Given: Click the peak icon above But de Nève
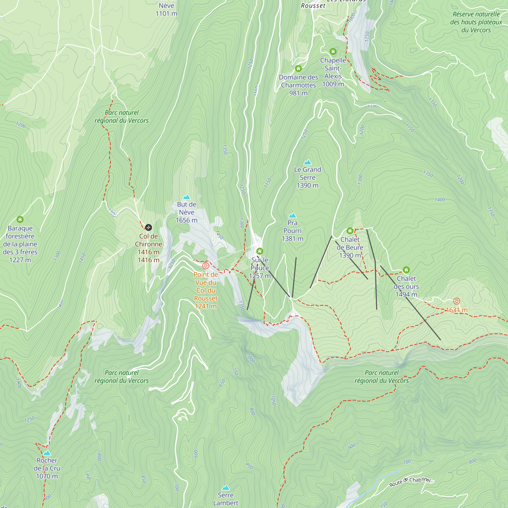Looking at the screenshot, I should (x=186, y=197).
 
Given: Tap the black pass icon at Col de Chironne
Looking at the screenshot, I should (x=148, y=227).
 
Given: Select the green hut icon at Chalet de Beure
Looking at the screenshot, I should (x=350, y=231).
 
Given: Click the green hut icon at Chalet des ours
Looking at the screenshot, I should (x=406, y=270).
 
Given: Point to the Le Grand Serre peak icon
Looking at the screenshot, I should (x=307, y=162).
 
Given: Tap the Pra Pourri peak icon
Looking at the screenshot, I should (x=292, y=216).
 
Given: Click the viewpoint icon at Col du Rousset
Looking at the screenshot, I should (x=206, y=266).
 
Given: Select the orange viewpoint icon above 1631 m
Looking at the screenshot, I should (x=457, y=301).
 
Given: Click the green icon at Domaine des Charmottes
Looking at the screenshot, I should (x=298, y=69).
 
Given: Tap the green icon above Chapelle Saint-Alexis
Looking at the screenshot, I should (x=333, y=52).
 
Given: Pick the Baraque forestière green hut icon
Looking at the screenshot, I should (x=20, y=219).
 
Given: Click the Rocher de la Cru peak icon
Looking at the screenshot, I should (x=47, y=453).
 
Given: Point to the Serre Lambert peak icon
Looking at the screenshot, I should (x=226, y=488).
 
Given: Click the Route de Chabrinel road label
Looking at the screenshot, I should (x=410, y=481).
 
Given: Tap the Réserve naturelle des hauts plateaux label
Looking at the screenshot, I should (x=476, y=22).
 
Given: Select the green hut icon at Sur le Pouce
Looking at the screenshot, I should (x=260, y=251).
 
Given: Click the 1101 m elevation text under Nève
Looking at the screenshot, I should (x=166, y=14).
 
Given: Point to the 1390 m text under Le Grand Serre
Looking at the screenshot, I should (x=307, y=185).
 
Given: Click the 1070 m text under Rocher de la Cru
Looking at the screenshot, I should (x=47, y=476).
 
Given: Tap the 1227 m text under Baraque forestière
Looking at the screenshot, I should (x=20, y=260).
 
